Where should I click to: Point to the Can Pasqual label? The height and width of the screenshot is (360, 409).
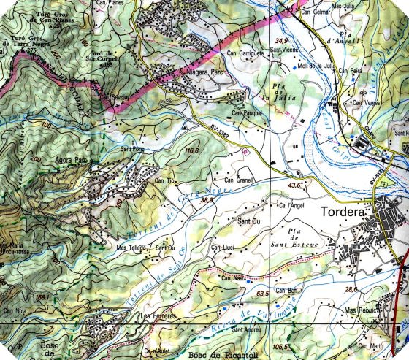[x=248, y=114]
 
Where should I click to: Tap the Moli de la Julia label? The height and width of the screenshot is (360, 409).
[x=315, y=65]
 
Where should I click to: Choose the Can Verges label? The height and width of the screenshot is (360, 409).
[x=366, y=102]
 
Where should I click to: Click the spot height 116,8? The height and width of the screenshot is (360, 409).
[x=192, y=150]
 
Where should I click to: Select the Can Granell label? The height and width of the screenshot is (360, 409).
[x=237, y=180]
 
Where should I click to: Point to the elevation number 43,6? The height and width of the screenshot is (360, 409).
[x=295, y=185]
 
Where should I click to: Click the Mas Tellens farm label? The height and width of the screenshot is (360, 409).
[x=132, y=248]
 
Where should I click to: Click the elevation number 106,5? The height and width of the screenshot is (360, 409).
[x=280, y=346]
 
